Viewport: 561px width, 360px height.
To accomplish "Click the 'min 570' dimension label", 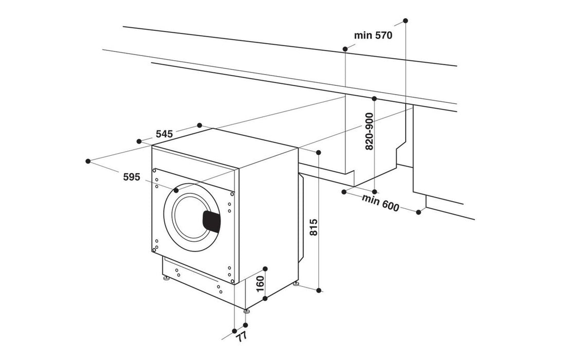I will [x=373, y=35].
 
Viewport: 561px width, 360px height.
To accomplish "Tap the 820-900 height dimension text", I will [x=369, y=132].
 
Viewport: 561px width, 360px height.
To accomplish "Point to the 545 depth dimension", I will [x=164, y=134].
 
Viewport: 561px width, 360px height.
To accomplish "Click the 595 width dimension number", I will [x=132, y=177].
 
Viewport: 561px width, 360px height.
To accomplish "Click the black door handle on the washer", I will [x=210, y=220].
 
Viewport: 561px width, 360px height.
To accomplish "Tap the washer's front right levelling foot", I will [x=246, y=311].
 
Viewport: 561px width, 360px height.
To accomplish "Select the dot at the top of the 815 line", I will [x=319, y=152].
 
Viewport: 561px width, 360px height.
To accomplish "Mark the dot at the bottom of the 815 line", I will [x=319, y=291].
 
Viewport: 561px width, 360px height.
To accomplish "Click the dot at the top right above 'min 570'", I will [x=405, y=21].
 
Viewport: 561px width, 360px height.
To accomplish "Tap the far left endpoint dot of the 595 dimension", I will [x=88, y=161].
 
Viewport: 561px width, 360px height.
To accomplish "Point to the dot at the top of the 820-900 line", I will [x=374, y=98].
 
